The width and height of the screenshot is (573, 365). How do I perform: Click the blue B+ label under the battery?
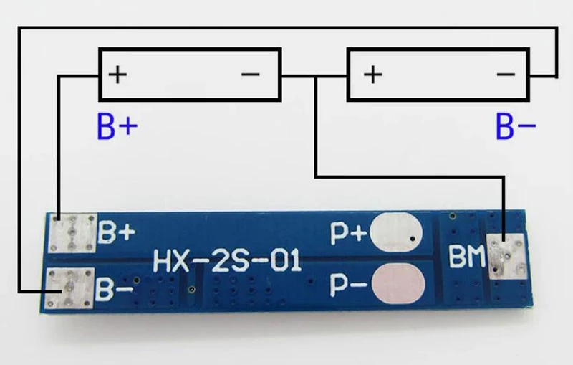click(x=117, y=126)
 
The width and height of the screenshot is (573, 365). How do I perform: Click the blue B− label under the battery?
click(x=516, y=126)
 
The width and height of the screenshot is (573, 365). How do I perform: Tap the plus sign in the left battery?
click(x=117, y=75)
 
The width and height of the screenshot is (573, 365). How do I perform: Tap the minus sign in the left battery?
click(x=251, y=75)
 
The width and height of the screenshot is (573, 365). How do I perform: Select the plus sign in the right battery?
click(x=373, y=75)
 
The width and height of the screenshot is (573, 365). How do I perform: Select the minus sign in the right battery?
click(x=506, y=75)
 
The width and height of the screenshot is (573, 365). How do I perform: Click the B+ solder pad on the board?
click(x=72, y=233)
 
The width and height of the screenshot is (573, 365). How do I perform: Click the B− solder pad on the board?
click(x=69, y=288)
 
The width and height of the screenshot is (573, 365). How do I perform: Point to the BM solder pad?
click(x=506, y=257)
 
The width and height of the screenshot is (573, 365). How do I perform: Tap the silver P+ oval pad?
click(x=396, y=232)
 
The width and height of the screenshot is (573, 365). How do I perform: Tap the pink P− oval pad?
click(x=398, y=285)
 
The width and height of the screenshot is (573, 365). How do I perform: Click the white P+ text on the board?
click(x=348, y=233)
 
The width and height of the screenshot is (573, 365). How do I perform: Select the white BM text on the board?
click(x=467, y=257)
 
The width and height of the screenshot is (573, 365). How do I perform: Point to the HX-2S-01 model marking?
click(x=227, y=260)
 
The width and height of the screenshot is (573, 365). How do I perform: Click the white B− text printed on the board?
click(x=115, y=290)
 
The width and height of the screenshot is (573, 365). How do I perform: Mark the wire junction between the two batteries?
click(x=316, y=77)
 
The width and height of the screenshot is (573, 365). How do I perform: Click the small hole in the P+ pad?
click(x=413, y=239)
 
